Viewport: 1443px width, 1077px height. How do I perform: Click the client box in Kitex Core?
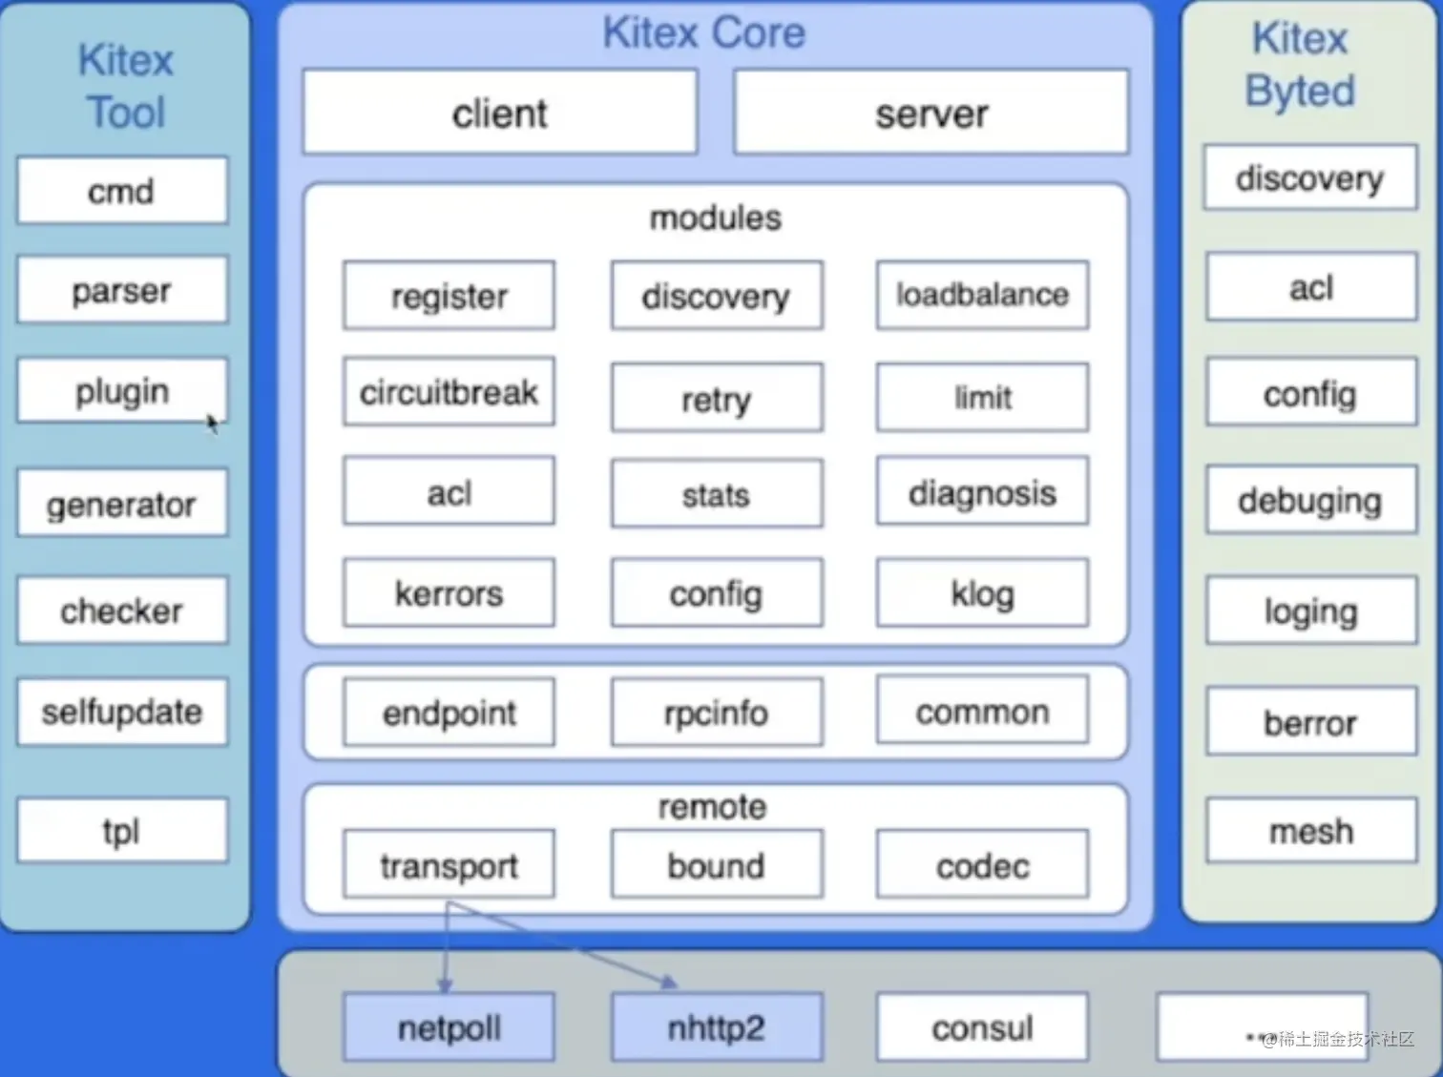(500, 113)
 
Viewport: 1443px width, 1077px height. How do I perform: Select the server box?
(931, 113)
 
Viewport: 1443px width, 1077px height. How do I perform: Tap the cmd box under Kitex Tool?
(122, 191)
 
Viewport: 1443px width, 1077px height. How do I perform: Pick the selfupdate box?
(122, 712)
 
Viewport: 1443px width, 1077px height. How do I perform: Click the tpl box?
(122, 831)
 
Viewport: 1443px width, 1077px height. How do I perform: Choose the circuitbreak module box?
(449, 392)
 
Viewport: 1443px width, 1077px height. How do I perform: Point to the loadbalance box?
(982, 296)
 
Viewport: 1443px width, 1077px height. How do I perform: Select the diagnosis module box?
(982, 492)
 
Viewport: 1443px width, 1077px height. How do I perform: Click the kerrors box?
(449, 593)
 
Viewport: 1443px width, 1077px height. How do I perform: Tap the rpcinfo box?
(717, 712)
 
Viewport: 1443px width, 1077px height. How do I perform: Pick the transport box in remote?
(449, 864)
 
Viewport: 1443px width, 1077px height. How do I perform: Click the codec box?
(982, 864)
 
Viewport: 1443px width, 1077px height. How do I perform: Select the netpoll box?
(449, 1027)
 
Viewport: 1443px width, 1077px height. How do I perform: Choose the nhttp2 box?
(717, 1027)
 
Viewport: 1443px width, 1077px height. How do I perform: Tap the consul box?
(982, 1027)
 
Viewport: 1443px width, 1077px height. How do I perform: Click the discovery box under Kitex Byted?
(1310, 177)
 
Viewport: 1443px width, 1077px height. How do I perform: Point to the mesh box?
(1311, 831)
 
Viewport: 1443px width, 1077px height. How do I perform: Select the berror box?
(1311, 722)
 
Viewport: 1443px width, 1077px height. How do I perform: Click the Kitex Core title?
(704, 32)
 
